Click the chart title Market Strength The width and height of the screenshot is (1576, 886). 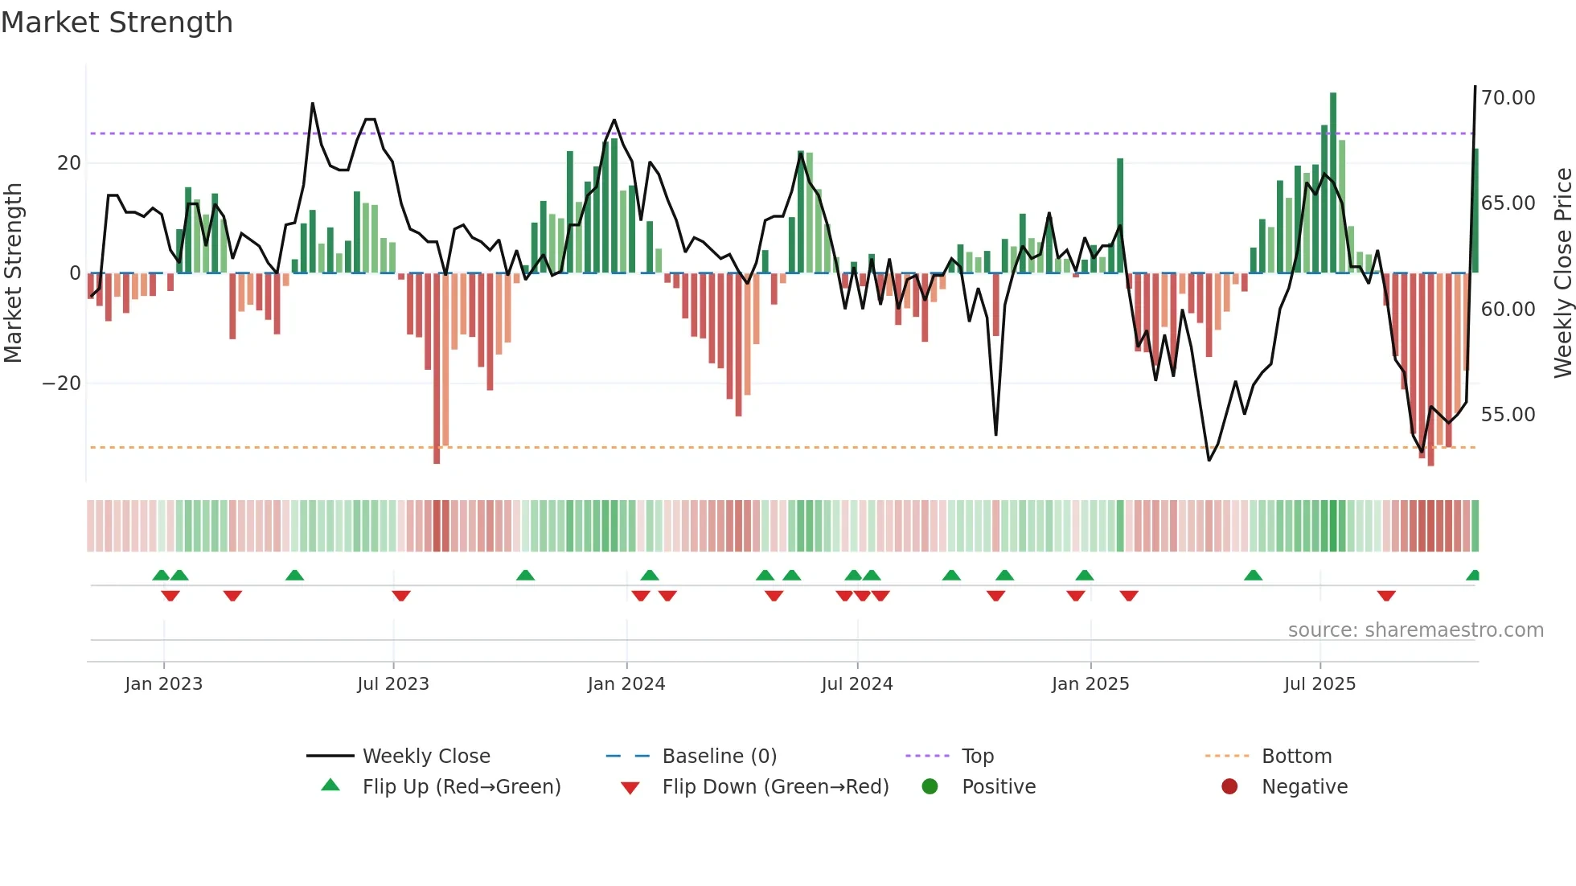pyautogui.click(x=117, y=23)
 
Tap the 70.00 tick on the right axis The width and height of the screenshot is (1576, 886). pyautogui.click(x=1508, y=98)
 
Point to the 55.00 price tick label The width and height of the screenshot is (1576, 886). pyautogui.click(x=1508, y=415)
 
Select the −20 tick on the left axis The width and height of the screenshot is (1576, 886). pyautogui.click(x=62, y=384)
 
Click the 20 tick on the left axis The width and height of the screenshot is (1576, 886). pyautogui.click(x=69, y=163)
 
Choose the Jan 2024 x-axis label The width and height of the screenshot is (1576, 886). pyautogui.click(x=626, y=684)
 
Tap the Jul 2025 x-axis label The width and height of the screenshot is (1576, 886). pyautogui.click(x=1319, y=684)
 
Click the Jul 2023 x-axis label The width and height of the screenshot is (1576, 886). pyautogui.click(x=393, y=684)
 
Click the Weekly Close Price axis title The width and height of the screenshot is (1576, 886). pyautogui.click(x=1562, y=273)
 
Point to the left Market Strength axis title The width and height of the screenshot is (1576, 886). pyautogui.click(x=14, y=273)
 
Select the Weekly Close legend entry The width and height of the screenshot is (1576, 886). pyautogui.click(x=425, y=757)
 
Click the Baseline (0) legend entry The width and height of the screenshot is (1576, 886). pyautogui.click(x=719, y=757)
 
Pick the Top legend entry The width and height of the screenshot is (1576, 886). pyautogui.click(x=977, y=757)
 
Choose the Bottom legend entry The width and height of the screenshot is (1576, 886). pyautogui.click(x=1296, y=757)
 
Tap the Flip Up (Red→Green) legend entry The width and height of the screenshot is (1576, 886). pyautogui.click(x=461, y=787)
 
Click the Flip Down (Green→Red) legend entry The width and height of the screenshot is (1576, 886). pyautogui.click(x=775, y=787)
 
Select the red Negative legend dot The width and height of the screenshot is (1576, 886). pyautogui.click(x=1229, y=787)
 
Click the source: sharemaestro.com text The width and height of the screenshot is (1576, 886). pyautogui.click(x=1415, y=630)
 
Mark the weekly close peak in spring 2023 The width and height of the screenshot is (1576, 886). pyautogui.click(x=313, y=104)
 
